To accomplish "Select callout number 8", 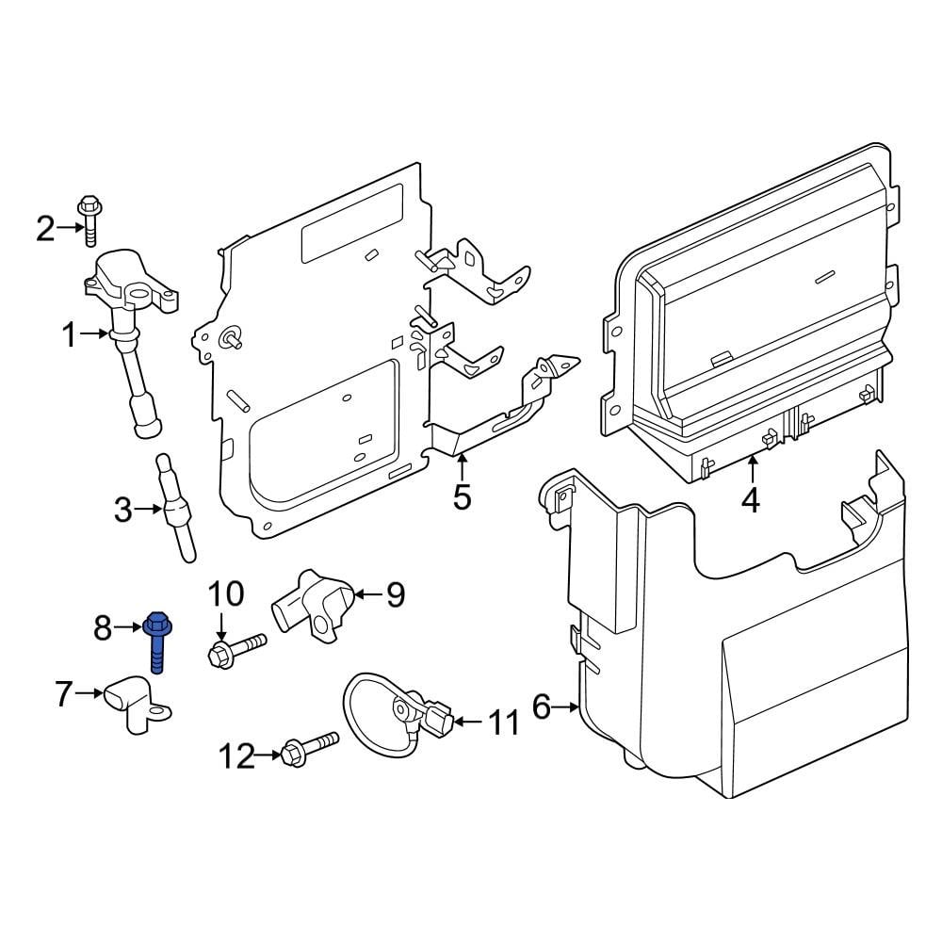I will (103, 625).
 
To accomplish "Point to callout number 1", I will (70, 333).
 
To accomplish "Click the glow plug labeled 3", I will (176, 509).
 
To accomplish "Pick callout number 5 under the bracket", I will (462, 495).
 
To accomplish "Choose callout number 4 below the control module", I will (750, 500).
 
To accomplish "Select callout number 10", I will (225, 593).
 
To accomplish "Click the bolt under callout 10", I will (235, 649).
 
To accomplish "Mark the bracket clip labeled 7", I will (138, 707).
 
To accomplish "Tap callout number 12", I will (236, 755).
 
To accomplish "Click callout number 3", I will (123, 510).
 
